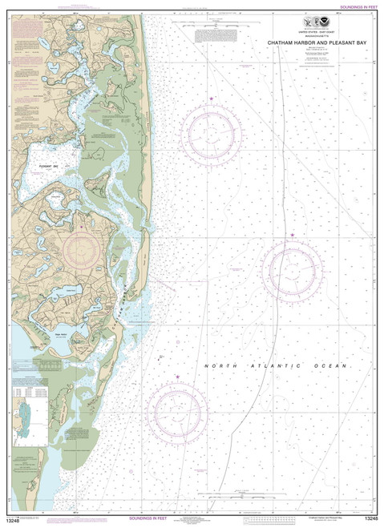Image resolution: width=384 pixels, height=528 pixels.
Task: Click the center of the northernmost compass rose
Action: [210, 133]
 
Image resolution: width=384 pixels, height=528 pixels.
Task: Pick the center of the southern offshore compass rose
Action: [177, 411]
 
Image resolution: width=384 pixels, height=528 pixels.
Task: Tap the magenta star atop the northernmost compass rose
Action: [211, 99]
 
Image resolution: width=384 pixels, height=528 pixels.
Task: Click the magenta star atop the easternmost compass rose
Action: [293, 235]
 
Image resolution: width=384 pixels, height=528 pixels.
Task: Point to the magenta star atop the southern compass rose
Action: [177, 377]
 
